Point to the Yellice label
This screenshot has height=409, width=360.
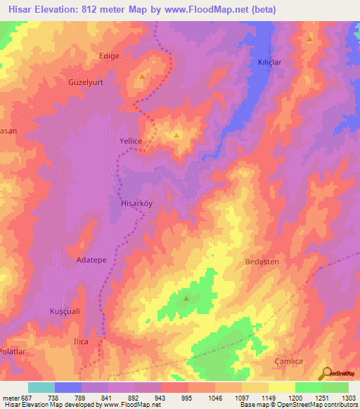[x=131, y=141]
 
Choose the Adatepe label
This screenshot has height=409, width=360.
[x=91, y=260]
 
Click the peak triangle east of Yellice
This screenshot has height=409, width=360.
[x=176, y=135]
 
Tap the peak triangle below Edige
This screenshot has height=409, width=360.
[x=142, y=76]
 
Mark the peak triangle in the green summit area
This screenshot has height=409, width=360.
[x=186, y=299]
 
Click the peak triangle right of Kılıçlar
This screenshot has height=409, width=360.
[x=310, y=39]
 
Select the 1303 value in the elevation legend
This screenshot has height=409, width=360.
[x=348, y=398]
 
